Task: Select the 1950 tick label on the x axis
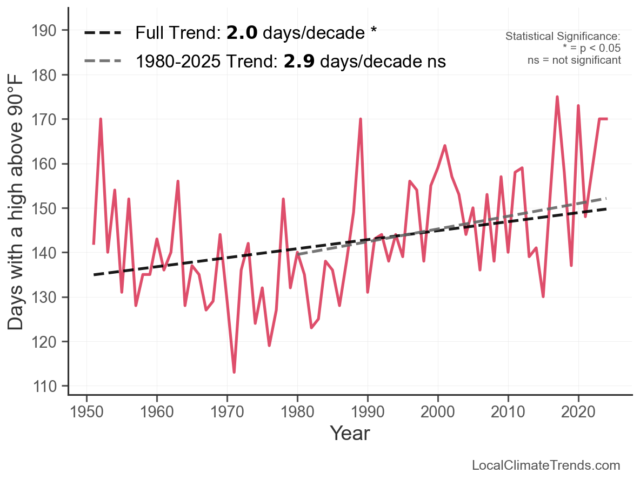click(86, 412)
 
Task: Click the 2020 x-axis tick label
click(578, 412)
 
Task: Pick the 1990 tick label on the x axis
click(368, 412)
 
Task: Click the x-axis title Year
click(350, 433)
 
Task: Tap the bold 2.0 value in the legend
click(242, 32)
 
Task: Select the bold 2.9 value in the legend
click(299, 61)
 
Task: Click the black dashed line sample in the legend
click(103, 32)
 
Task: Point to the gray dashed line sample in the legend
click(103, 61)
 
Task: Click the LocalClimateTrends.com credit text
click(546, 465)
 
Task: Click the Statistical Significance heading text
click(563, 36)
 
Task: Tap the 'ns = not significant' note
click(574, 60)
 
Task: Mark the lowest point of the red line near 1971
click(234, 372)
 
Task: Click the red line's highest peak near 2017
click(557, 97)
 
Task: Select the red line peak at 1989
click(361, 119)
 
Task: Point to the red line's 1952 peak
click(101, 119)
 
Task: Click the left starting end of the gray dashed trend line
click(298, 254)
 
